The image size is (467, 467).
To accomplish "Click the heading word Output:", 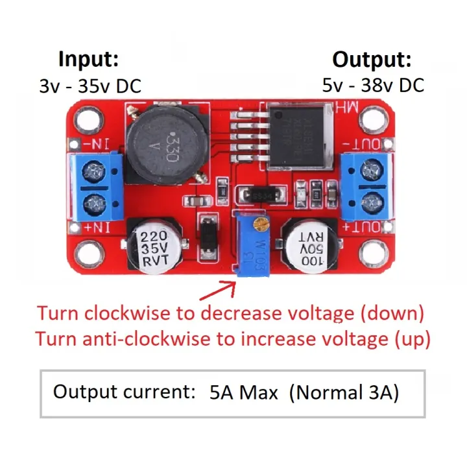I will tap(372, 60).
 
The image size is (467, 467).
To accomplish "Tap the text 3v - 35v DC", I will tap(90, 86).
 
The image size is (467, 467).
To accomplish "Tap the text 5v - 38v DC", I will tap(373, 85).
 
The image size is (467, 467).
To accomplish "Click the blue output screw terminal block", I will tap(366, 186).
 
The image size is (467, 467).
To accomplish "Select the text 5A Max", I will tap(243, 392).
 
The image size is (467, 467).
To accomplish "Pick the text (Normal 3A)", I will tap(344, 392).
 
